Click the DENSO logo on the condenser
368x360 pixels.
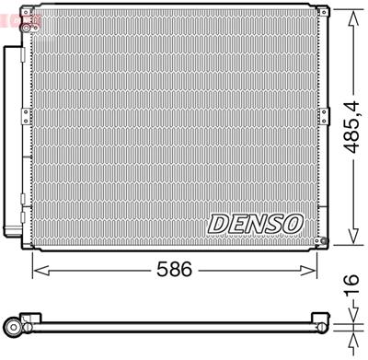[255, 224]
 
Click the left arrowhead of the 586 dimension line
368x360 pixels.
[37, 271]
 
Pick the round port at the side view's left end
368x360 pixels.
[12, 325]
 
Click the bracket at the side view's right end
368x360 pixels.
[322, 323]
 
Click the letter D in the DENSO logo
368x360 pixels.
[219, 224]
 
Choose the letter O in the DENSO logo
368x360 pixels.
[292, 224]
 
